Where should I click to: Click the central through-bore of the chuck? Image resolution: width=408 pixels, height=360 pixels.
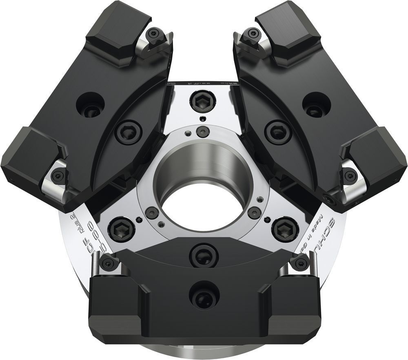pos(203,204)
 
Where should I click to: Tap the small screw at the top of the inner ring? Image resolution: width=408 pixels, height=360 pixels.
pos(202,131)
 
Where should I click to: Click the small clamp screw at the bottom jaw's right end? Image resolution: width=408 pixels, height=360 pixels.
pos(300,263)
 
